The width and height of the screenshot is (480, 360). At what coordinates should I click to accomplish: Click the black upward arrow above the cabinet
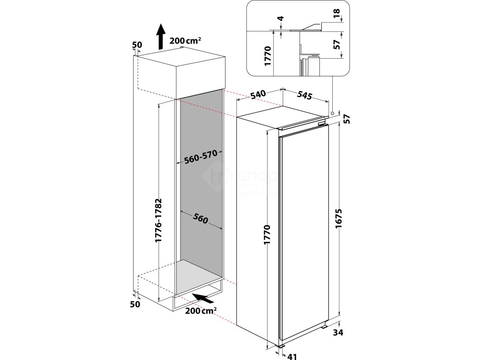[x=160, y=37]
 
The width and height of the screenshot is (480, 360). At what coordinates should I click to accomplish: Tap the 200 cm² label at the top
[x=186, y=41]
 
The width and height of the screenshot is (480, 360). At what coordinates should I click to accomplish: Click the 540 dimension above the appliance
[x=259, y=94]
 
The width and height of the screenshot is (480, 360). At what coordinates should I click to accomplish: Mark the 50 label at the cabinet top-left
[x=137, y=45]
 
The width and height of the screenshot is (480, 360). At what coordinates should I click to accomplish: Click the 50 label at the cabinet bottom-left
[x=135, y=304]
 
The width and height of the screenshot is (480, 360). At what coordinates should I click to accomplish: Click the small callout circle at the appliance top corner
[x=332, y=113]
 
